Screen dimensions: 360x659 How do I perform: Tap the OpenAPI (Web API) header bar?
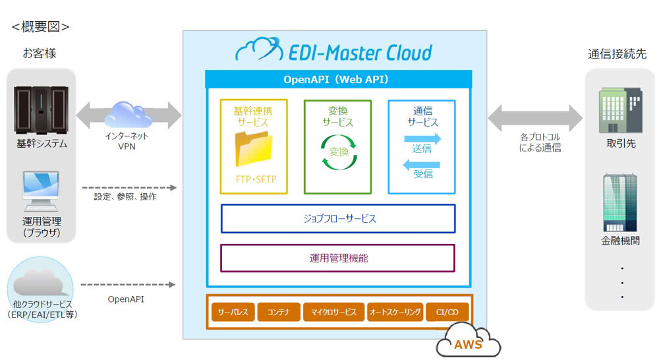(338, 79)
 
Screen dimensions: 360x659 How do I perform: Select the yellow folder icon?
(253, 149)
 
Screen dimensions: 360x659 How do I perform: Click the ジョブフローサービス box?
(337, 218)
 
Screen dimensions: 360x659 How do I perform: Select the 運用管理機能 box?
(337, 258)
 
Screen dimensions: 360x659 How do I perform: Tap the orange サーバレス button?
(233, 312)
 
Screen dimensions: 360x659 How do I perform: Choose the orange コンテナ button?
(279, 312)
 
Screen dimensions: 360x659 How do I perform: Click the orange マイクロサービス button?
(333, 312)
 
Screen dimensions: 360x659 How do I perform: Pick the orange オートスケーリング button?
(395, 312)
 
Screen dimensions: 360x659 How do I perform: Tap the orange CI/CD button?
(447, 312)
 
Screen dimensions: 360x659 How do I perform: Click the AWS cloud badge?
(469, 342)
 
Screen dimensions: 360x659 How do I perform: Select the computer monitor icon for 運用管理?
(41, 190)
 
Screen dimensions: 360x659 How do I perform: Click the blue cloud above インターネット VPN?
(129, 114)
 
